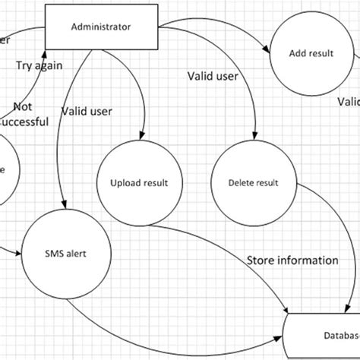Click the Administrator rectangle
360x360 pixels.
click(x=100, y=27)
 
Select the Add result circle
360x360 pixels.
click(x=307, y=54)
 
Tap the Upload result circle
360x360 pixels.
click(x=139, y=183)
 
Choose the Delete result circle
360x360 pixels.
click(x=253, y=183)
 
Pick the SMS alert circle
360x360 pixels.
click(x=65, y=254)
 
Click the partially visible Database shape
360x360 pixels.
click(x=323, y=334)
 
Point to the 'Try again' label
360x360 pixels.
click(x=39, y=65)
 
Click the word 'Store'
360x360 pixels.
click(x=261, y=261)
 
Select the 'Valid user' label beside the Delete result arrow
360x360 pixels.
click(x=212, y=76)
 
